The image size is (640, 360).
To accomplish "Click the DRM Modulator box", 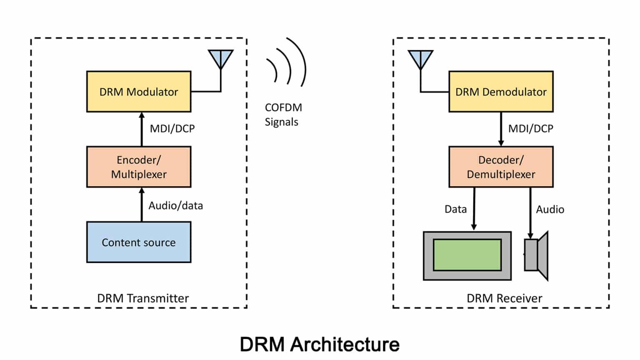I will click(x=139, y=92).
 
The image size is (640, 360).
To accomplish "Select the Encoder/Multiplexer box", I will click(x=139, y=167).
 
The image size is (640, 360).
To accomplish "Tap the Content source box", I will click(x=139, y=242).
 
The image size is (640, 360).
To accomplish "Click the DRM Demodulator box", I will click(x=501, y=92).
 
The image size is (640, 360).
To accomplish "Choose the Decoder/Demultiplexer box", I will click(x=501, y=167).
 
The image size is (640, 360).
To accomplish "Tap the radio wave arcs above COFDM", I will click(x=287, y=67).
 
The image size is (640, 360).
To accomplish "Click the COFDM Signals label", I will click(x=283, y=115).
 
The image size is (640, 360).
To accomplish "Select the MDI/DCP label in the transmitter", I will click(x=172, y=129).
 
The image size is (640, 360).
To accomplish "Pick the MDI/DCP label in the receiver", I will click(x=530, y=129).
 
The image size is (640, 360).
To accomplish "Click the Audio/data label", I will click(x=175, y=206).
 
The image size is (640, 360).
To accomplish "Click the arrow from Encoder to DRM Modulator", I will click(x=142, y=129).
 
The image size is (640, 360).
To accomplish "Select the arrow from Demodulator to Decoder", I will click(x=501, y=129).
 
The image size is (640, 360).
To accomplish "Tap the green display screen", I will click(x=467, y=255).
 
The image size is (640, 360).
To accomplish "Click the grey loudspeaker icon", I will click(x=536, y=255).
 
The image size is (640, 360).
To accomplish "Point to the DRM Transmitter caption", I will click(x=142, y=298).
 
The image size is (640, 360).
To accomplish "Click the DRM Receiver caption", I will click(x=504, y=298).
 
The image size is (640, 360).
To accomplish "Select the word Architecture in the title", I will click(x=345, y=345).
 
